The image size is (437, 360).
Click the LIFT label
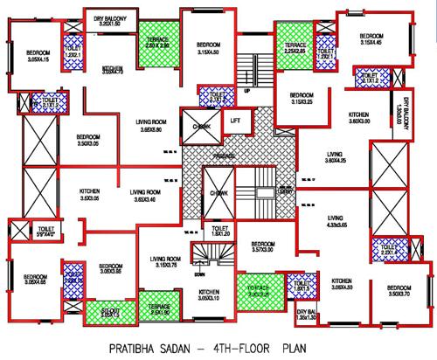[233, 121]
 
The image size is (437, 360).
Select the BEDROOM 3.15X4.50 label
[207, 47]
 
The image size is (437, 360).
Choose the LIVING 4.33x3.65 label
[337, 222]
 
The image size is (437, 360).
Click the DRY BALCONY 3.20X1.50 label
[110, 18]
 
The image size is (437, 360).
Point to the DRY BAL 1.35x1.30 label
[305, 315]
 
